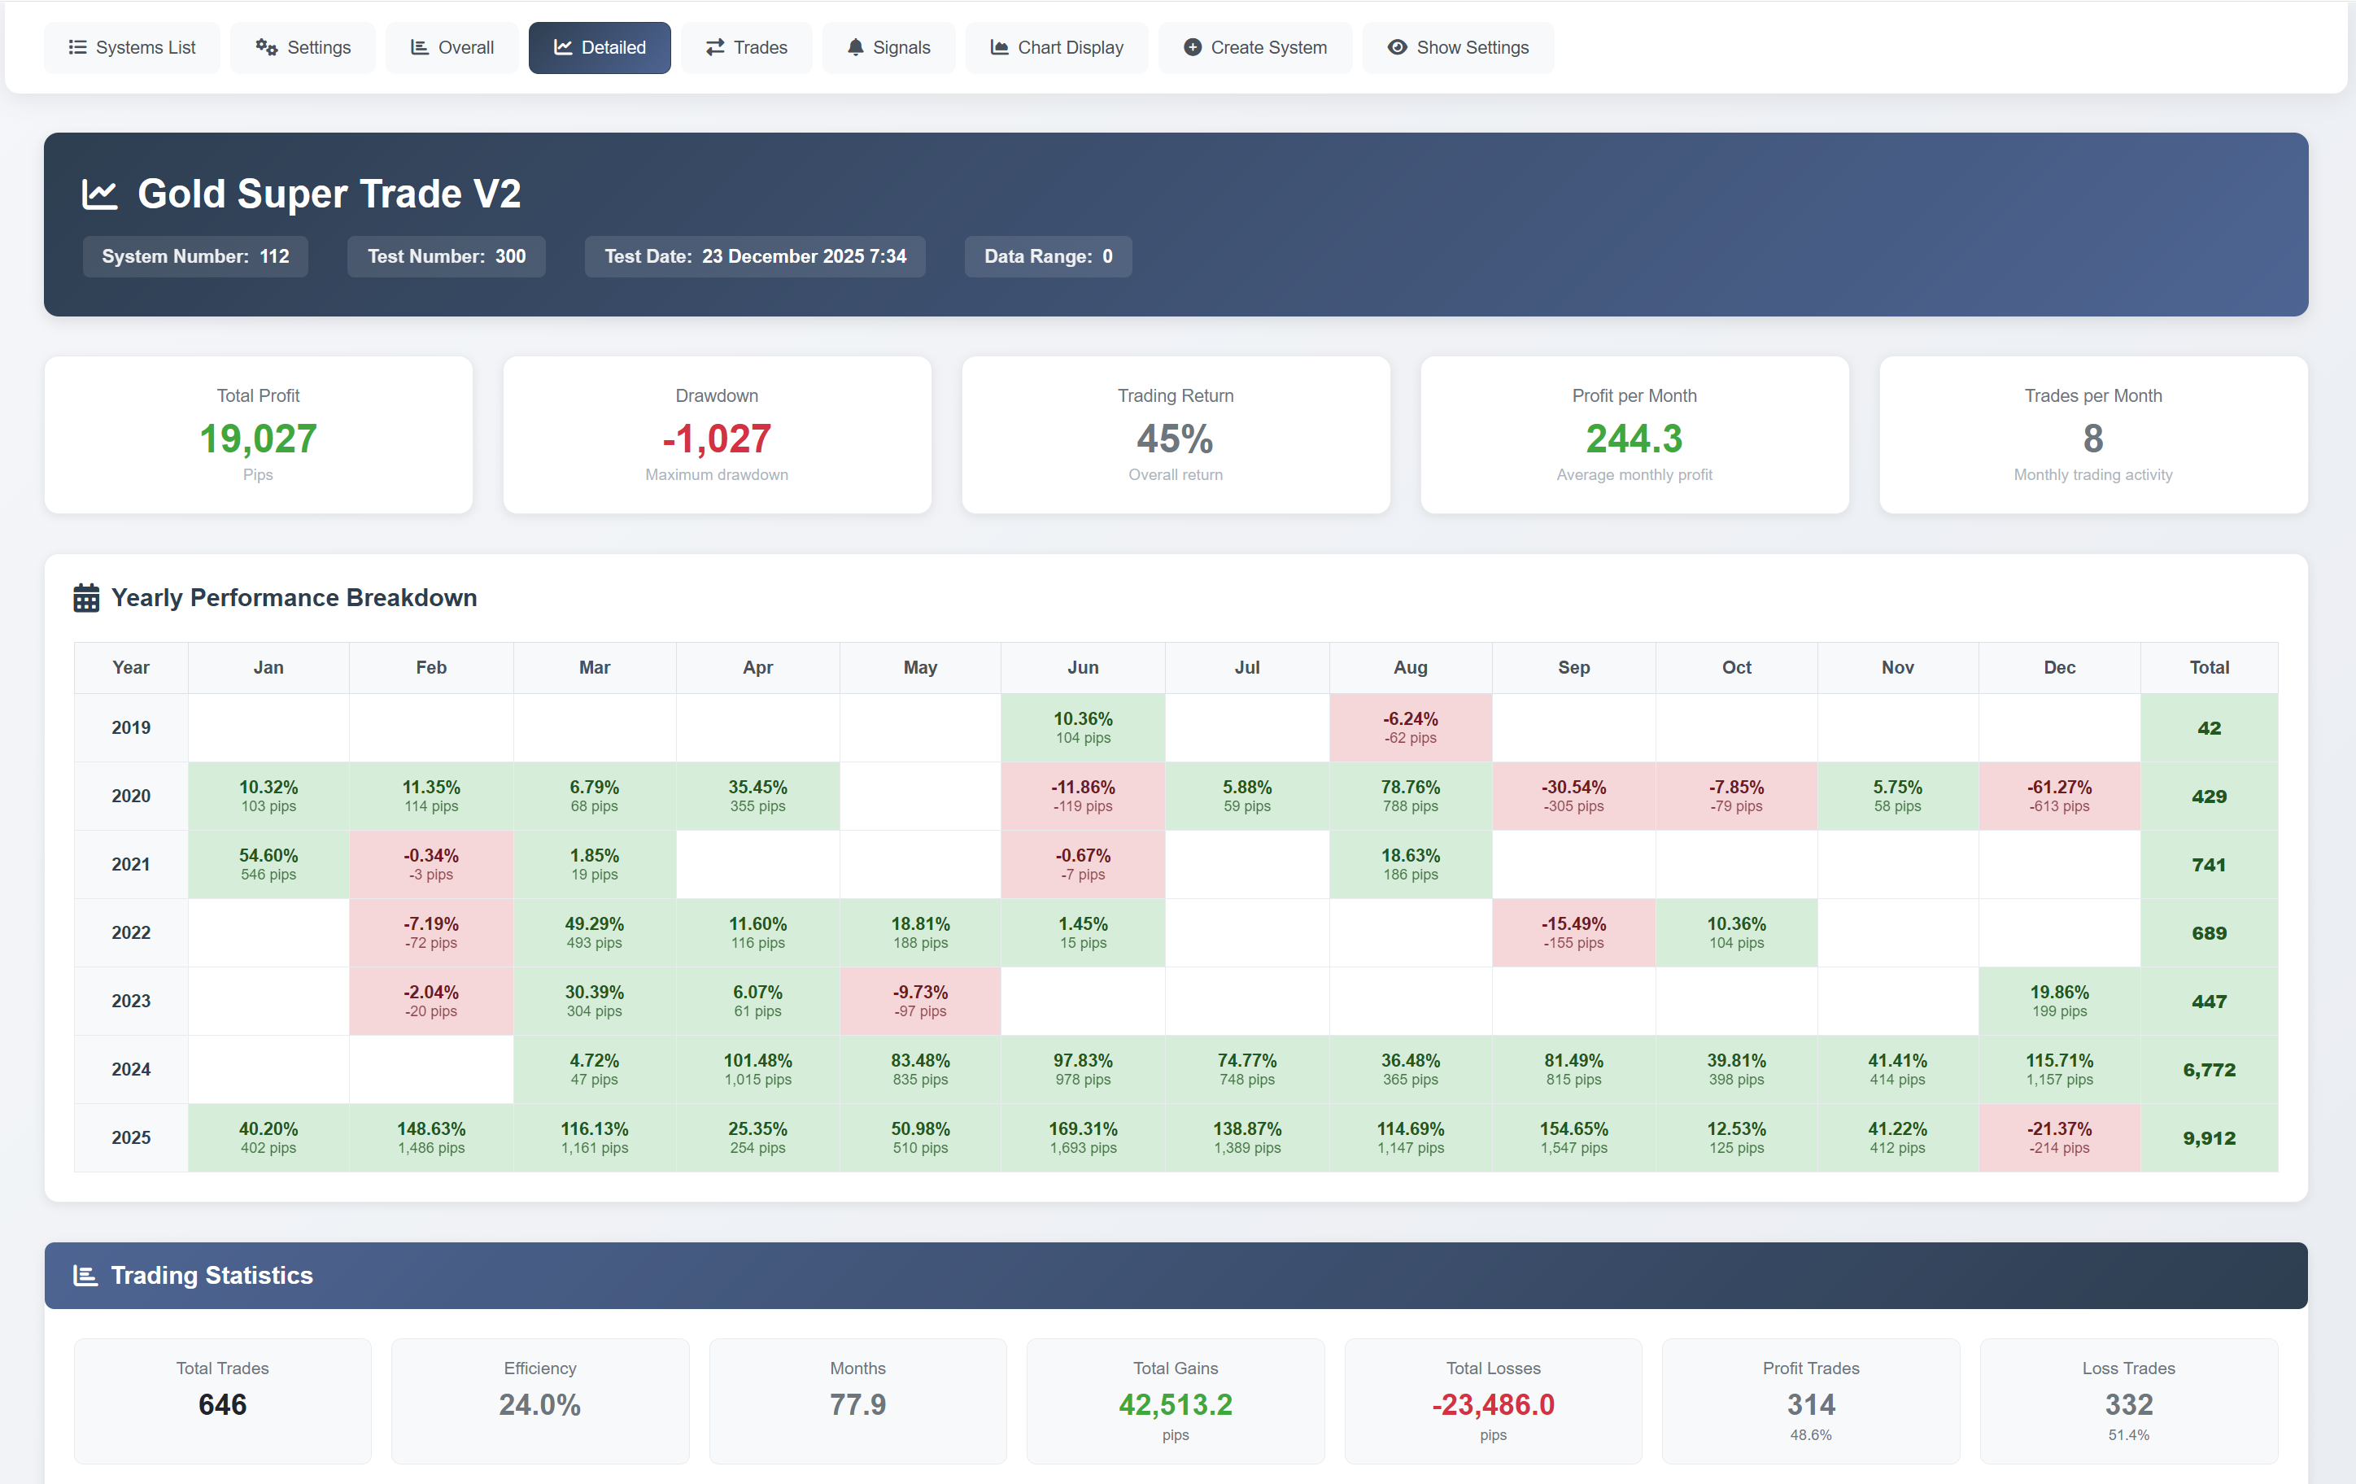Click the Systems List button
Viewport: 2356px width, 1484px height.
coord(132,47)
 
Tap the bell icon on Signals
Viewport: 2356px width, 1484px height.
coord(855,47)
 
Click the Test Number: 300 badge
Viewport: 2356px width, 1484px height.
coord(446,256)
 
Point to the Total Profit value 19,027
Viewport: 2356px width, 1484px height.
coord(259,439)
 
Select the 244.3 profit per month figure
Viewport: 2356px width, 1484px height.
coord(1633,439)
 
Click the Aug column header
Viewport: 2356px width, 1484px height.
coord(1410,667)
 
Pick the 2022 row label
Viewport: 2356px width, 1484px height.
coord(131,932)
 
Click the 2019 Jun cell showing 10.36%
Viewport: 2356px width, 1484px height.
coord(1082,727)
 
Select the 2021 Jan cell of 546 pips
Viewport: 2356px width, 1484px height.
coord(268,864)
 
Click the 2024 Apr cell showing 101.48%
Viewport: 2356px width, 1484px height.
coord(757,1069)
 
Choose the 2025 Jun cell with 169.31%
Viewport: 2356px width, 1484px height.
coord(1082,1137)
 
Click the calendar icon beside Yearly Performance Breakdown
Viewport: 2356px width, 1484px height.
coord(86,598)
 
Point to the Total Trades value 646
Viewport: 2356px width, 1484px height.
coord(222,1405)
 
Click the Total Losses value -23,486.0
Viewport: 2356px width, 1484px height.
coord(1492,1405)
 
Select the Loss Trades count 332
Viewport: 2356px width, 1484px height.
coord(2128,1405)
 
